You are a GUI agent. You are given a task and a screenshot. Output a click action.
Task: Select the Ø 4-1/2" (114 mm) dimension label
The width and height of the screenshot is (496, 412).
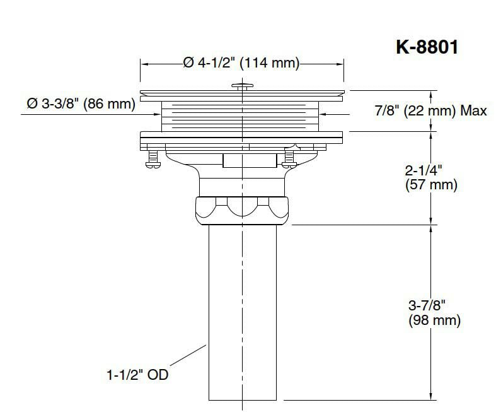point(241,63)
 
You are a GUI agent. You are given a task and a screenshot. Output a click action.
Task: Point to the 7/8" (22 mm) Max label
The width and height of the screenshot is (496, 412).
point(430,111)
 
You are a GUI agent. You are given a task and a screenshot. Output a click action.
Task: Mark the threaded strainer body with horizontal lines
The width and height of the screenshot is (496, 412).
point(241,116)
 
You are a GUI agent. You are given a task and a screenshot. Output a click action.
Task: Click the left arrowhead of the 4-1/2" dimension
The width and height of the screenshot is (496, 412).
point(143,63)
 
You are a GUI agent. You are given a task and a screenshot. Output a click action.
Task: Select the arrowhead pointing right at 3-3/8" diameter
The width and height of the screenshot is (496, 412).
point(158,114)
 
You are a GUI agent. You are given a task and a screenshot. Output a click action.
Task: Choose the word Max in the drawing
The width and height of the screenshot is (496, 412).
point(473,111)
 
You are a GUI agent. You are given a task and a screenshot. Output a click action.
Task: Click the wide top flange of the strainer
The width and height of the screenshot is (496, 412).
point(241,94)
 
